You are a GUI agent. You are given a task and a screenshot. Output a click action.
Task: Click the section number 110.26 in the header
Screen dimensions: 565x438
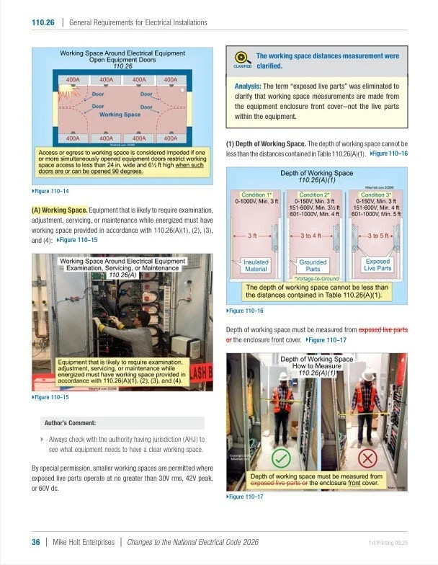(x=43, y=22)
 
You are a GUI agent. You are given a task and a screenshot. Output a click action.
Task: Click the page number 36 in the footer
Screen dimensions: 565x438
(x=35, y=542)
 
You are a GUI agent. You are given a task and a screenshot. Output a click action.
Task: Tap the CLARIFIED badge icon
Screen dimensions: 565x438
(x=242, y=59)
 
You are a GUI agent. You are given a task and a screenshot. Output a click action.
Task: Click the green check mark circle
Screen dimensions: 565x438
(x=282, y=458)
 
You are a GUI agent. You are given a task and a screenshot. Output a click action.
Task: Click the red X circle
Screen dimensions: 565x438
(x=367, y=458)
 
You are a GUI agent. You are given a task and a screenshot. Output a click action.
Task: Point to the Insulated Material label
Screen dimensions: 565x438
(x=256, y=266)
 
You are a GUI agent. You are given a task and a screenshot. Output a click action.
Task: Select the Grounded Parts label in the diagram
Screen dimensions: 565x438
(x=313, y=266)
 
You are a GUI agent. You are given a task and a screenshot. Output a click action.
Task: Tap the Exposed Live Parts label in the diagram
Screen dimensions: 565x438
(x=377, y=266)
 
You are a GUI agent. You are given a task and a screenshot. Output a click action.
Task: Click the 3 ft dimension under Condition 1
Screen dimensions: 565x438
(x=253, y=235)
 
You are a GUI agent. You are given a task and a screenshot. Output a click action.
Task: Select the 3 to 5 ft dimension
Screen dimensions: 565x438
(x=380, y=235)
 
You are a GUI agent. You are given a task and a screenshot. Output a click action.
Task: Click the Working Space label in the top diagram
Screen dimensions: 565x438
(x=120, y=115)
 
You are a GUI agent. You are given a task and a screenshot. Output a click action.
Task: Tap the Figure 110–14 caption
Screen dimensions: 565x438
(x=51, y=191)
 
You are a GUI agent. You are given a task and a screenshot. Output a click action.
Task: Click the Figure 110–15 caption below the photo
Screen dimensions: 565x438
(x=51, y=397)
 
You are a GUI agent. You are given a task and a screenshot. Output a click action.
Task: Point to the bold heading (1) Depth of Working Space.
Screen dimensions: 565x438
(x=272, y=143)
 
